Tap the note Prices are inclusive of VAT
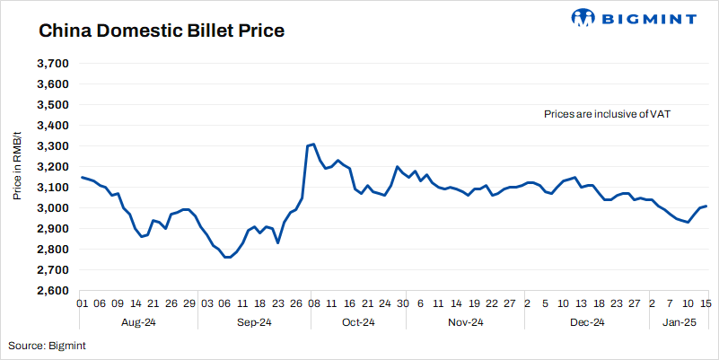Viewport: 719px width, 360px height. (x=608, y=115)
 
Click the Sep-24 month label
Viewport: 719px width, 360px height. (x=254, y=322)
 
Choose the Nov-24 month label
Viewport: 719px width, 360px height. (x=465, y=322)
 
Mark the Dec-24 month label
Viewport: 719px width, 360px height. (x=586, y=322)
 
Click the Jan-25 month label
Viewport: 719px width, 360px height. (x=679, y=322)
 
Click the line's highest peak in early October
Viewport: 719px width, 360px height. (x=312, y=144)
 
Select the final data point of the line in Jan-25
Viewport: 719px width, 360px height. (x=706, y=206)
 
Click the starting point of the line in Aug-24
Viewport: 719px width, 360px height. (x=82, y=177)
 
